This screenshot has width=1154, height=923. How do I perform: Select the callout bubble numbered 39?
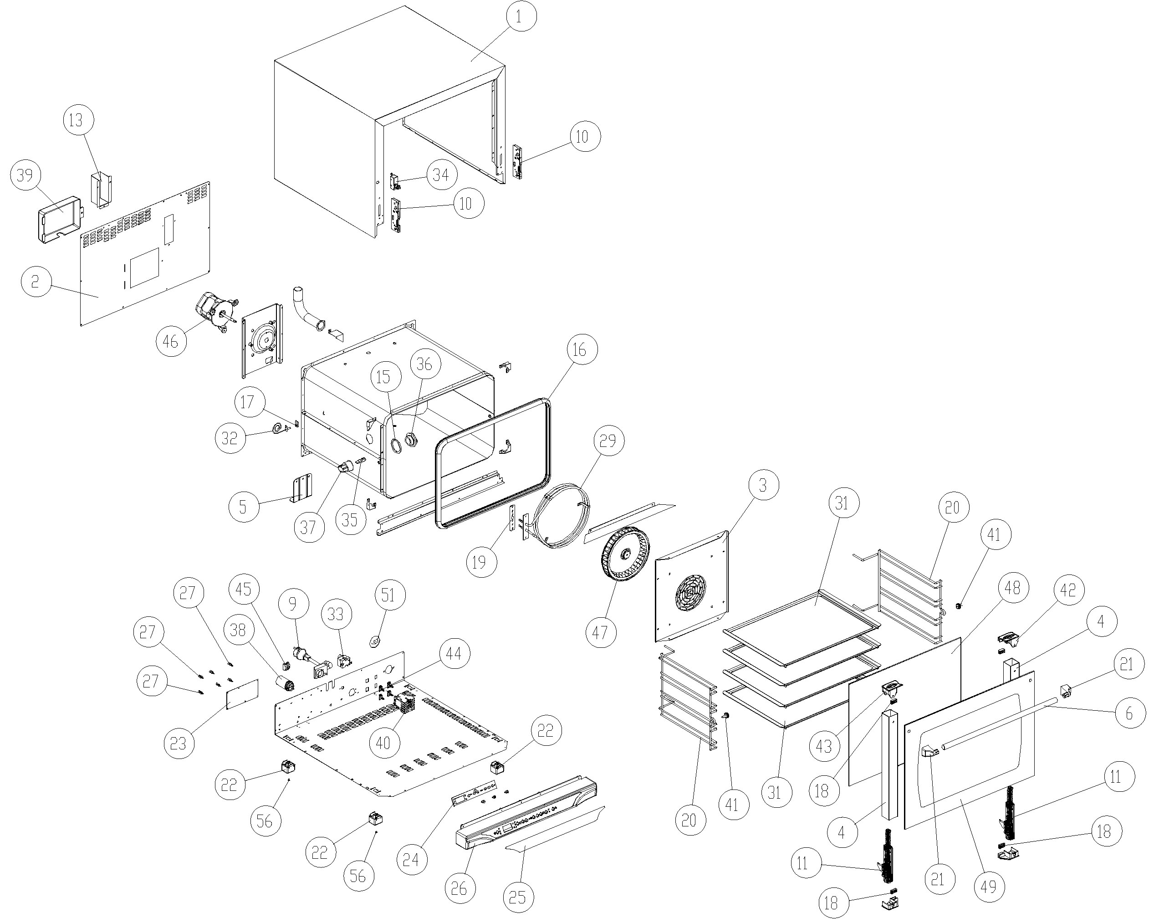tap(25, 175)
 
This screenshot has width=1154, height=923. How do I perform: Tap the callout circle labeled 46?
tap(171, 340)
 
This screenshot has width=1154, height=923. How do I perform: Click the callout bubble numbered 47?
tap(600, 632)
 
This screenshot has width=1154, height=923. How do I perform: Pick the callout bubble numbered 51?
tap(388, 595)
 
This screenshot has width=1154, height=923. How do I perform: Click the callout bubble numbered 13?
tap(78, 120)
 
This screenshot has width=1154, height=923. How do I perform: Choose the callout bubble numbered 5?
tap(244, 506)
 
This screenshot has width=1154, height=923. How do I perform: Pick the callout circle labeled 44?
tap(454, 654)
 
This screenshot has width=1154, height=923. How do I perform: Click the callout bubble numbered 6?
tap(1129, 713)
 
